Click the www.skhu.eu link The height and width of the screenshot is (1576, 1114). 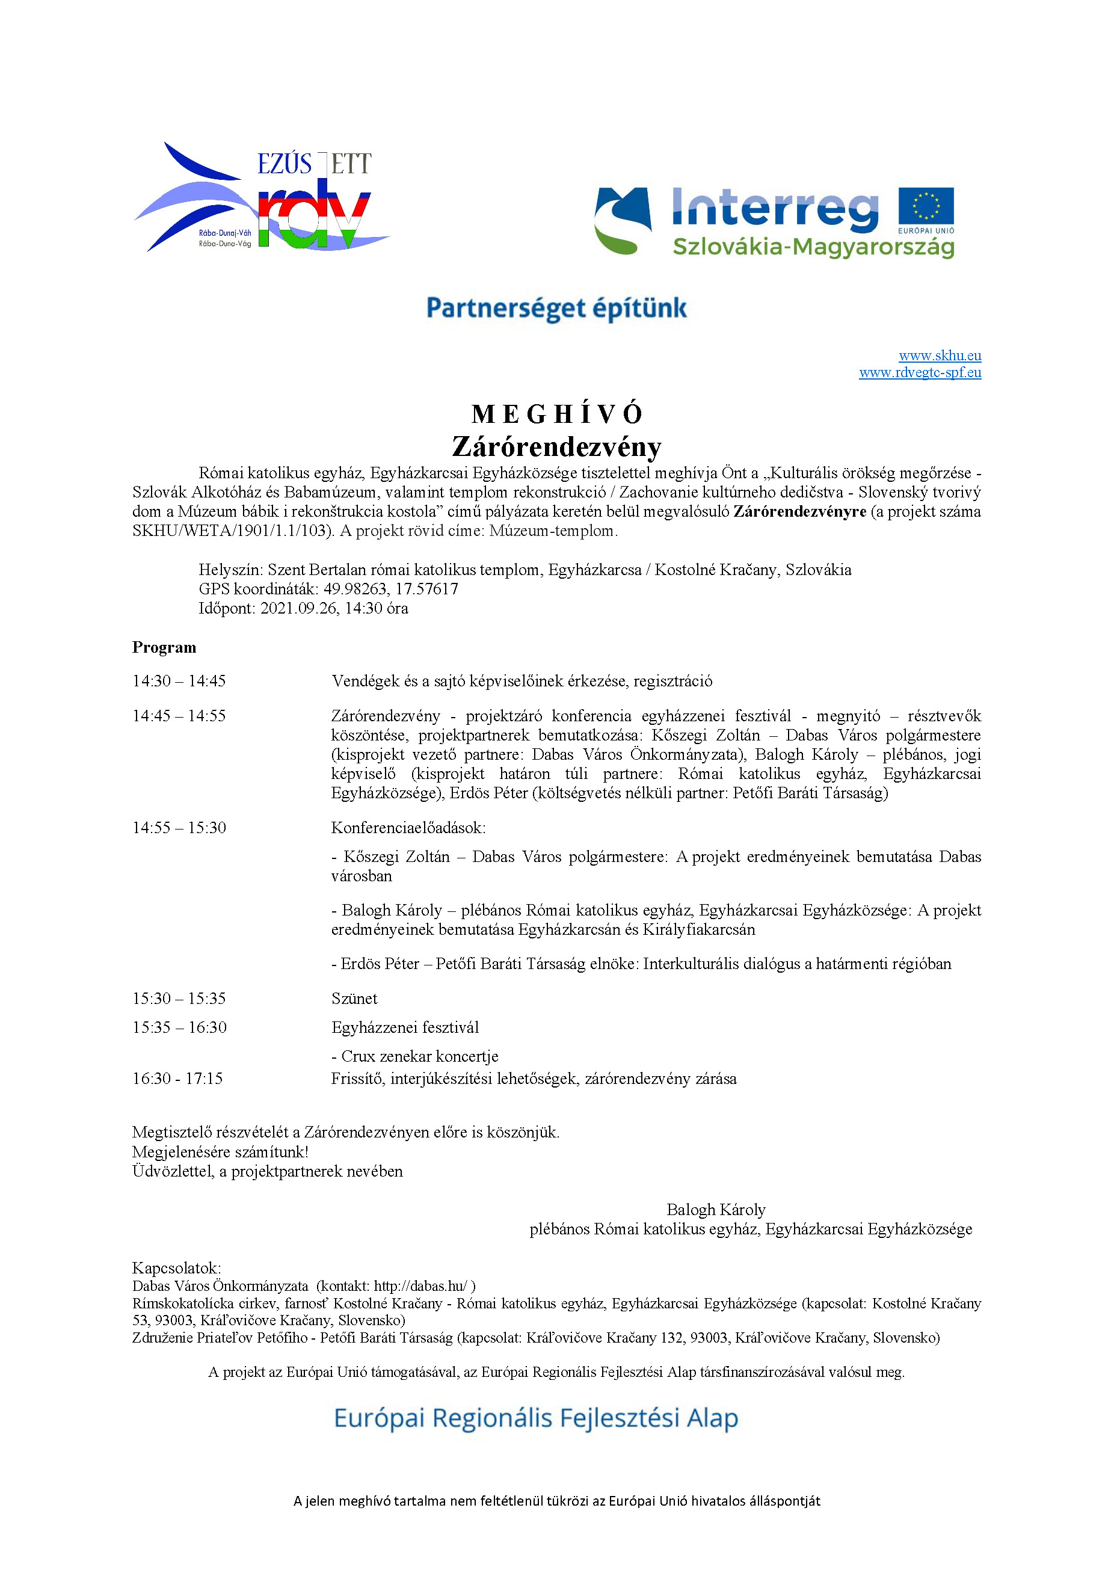coord(939,356)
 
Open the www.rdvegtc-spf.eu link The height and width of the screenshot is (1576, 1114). coord(919,373)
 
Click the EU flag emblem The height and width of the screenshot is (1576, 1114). coord(925,206)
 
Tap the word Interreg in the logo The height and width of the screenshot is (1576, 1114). coord(774,208)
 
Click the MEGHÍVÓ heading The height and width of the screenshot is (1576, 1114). coord(556,414)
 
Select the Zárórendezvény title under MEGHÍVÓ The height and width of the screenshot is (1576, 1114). coord(556,447)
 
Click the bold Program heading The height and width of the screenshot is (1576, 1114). coord(164,647)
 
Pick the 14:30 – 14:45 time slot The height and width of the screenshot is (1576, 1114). coord(179,681)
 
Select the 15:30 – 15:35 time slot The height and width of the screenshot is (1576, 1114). coord(179,998)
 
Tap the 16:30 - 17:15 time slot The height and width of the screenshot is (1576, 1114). coord(178,1079)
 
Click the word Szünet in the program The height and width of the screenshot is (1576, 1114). coord(354,998)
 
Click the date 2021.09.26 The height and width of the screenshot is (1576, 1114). coord(298,608)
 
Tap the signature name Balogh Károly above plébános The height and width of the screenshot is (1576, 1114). coord(715,1210)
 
